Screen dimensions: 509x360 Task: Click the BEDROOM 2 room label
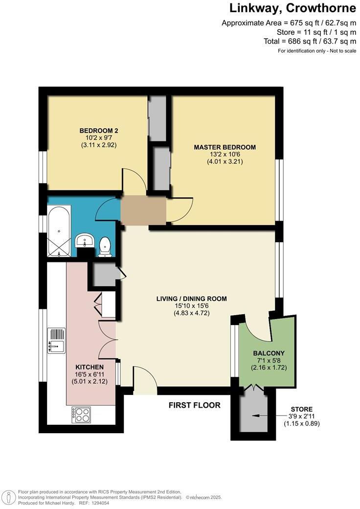(99, 131)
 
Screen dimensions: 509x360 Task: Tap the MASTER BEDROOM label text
(225, 147)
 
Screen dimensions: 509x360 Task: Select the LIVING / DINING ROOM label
(191, 299)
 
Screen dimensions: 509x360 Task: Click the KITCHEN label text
(89, 367)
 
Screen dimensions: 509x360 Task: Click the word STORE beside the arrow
(301, 409)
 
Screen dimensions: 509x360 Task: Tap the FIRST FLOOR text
(194, 405)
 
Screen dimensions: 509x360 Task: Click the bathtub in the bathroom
(59, 231)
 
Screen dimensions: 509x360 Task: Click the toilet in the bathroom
(105, 247)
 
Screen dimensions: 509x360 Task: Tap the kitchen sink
(56, 340)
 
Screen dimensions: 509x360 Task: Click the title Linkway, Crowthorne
(293, 8)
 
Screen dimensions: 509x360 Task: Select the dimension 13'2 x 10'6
(225, 155)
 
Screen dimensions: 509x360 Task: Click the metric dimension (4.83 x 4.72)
(191, 313)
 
